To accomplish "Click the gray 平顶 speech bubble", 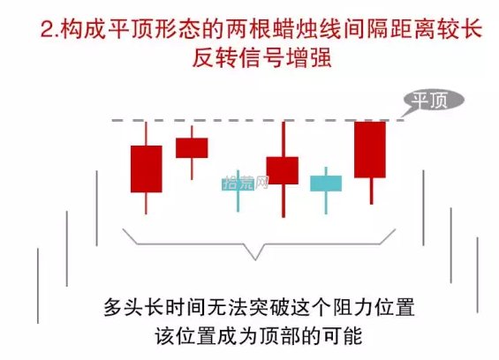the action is tap(434, 101).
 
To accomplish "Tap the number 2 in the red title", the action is tap(48, 30).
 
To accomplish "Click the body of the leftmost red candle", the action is tap(147, 169).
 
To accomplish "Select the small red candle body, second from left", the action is tap(192, 148).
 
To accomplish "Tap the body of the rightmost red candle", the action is tap(370, 149).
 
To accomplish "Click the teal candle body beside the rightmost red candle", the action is tap(326, 184).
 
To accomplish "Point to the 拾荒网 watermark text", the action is tap(246, 183).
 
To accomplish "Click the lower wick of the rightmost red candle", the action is tap(372, 191).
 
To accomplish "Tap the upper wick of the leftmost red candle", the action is tap(146, 133).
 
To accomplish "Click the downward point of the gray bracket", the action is tap(255, 259).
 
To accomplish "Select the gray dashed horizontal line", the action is tap(258, 121).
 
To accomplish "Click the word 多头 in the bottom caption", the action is tap(124, 308).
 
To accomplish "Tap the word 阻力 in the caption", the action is tap(352, 308).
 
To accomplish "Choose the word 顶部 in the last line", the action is tap(279, 336).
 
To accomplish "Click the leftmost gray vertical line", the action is tap(38, 286).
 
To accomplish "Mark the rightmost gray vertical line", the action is tap(477, 275).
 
